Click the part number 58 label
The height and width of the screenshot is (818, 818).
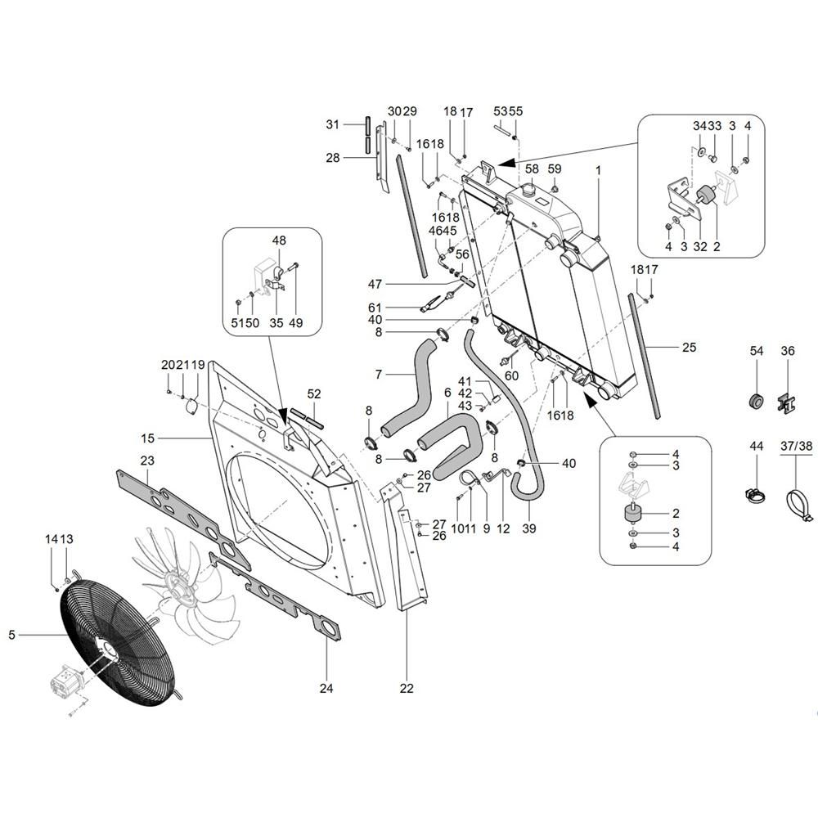click(532, 169)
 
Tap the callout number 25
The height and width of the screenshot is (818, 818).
click(689, 348)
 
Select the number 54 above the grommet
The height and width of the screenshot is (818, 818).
click(756, 351)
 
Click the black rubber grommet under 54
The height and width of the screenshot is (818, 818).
click(756, 402)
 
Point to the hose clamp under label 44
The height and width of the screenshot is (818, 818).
click(756, 494)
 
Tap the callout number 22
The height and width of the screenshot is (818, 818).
click(407, 689)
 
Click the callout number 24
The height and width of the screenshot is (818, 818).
click(326, 689)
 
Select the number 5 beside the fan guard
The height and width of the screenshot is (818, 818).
click(12, 634)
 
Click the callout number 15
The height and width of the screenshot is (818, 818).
click(148, 439)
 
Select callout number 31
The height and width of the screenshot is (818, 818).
click(332, 124)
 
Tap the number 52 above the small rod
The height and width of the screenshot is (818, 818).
click(314, 393)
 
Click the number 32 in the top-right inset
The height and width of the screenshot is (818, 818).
click(699, 246)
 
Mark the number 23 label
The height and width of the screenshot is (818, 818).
click(147, 460)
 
